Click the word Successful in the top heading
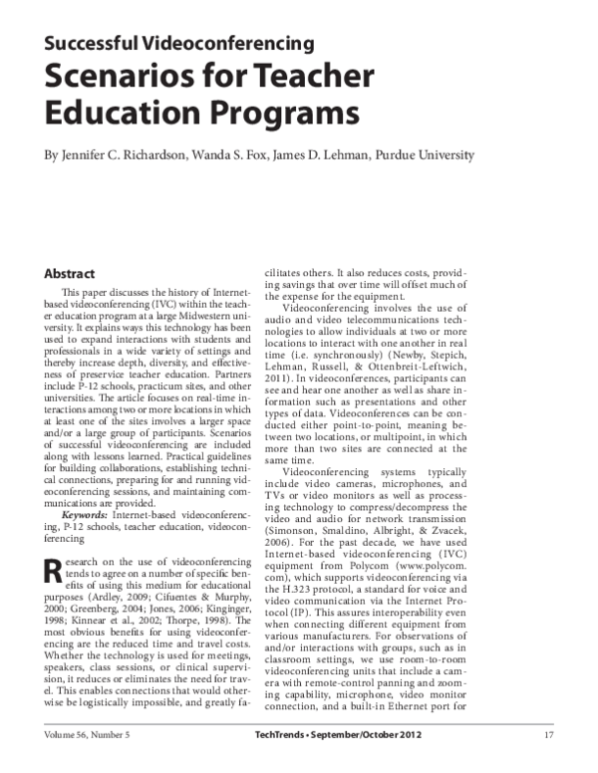point(95,43)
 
